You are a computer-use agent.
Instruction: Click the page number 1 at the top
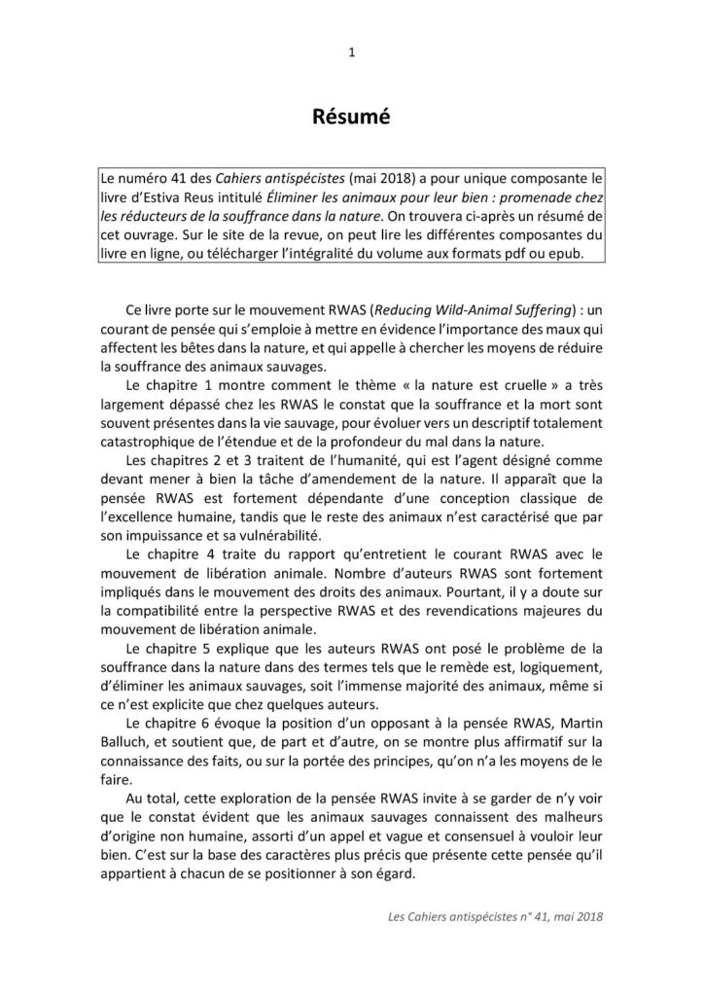[351, 54]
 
